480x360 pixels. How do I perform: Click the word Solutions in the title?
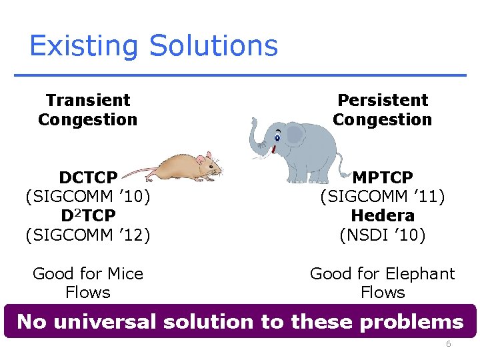click(213, 47)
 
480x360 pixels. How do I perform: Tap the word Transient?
click(88, 101)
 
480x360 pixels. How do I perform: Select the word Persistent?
click(383, 101)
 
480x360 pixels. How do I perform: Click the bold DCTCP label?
click(88, 178)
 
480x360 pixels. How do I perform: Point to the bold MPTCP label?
click(383, 178)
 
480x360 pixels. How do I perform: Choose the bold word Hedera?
click(383, 216)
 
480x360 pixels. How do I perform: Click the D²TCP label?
click(88, 216)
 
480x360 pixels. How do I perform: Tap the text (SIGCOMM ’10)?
click(88, 197)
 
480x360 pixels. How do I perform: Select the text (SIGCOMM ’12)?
click(88, 235)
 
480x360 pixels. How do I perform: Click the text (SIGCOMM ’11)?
click(383, 197)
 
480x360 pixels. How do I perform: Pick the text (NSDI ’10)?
click(383, 235)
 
